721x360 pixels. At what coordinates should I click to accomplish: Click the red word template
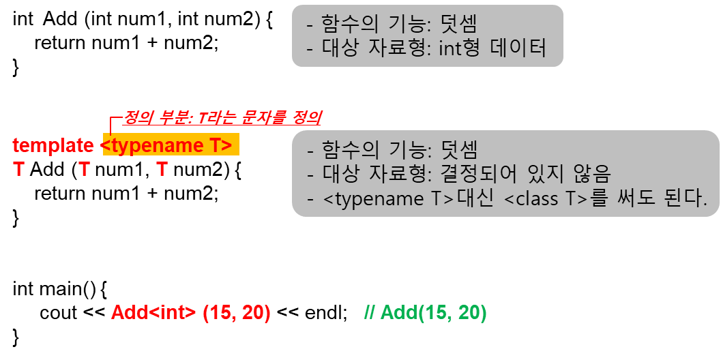click(x=53, y=145)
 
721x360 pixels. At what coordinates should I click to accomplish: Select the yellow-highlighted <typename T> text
click(x=170, y=145)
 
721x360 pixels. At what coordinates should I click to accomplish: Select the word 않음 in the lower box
click(x=590, y=174)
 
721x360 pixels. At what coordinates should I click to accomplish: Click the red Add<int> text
click(x=154, y=314)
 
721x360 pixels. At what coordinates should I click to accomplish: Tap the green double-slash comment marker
click(x=370, y=314)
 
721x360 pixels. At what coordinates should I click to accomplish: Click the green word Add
click(x=398, y=314)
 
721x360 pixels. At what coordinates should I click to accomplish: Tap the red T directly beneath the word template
click(x=19, y=169)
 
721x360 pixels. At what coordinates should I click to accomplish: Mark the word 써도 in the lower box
click(x=635, y=198)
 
